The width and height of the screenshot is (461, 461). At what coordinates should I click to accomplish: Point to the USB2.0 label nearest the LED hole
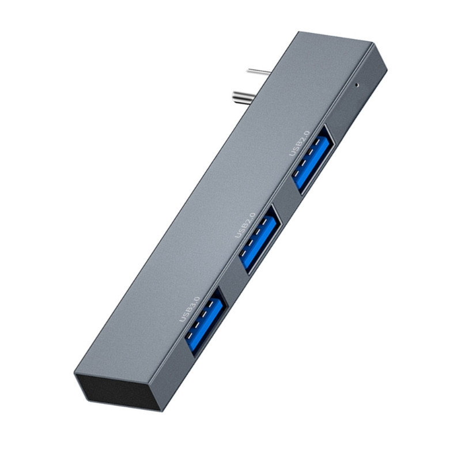299,143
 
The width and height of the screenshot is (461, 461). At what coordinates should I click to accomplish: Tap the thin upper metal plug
259,72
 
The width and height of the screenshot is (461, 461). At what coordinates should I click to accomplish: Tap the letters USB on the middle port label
240,232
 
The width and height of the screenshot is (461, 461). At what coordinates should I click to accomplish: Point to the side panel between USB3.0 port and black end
173,375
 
